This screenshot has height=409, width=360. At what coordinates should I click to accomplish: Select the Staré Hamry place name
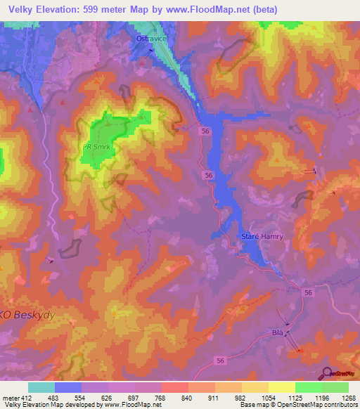[262, 237]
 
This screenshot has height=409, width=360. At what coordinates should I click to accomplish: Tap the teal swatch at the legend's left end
[41, 387]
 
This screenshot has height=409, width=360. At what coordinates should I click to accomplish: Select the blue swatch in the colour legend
[68, 387]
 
